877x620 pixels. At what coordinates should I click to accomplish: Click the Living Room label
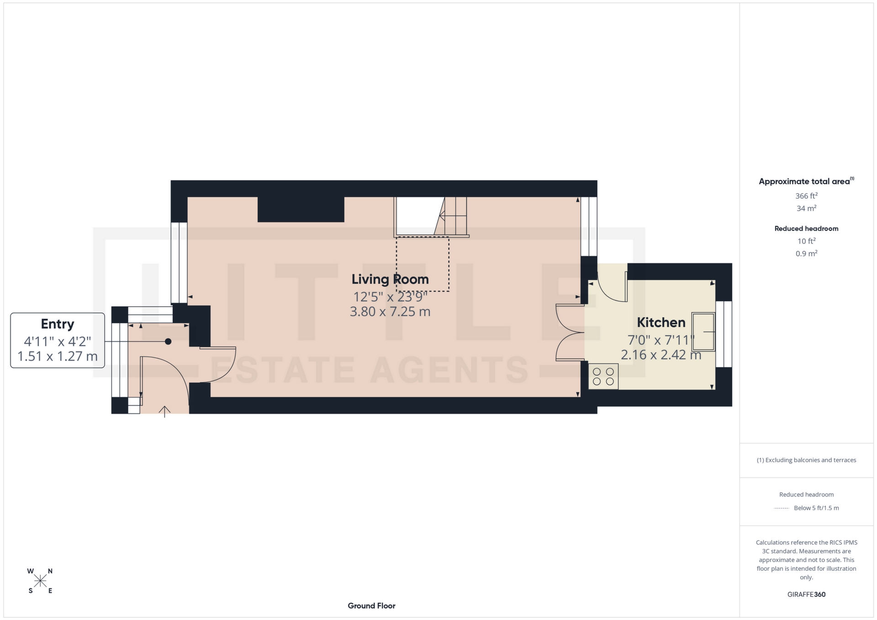[390, 279]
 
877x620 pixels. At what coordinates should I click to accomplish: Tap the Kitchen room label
[661, 323]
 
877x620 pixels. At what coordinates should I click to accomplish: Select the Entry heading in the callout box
[58, 324]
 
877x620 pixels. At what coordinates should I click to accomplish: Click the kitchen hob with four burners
[603, 377]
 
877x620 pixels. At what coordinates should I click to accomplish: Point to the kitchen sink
[703, 331]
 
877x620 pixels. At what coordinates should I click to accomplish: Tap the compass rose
[40, 581]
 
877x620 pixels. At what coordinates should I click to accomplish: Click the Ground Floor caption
[371, 606]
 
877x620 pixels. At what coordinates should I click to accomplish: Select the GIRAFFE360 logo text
[806, 594]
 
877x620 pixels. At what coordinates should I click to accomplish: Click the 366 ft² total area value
[806, 196]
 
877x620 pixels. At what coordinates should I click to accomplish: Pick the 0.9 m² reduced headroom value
[806, 253]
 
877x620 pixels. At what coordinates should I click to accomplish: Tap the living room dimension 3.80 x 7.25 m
[390, 312]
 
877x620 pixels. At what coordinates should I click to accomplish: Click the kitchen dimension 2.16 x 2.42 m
[661, 355]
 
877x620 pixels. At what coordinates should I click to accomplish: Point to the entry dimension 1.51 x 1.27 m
[58, 356]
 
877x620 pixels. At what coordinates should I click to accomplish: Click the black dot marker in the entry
[168, 342]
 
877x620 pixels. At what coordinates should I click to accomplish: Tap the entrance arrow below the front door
[164, 411]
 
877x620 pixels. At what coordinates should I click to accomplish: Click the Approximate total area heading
[804, 182]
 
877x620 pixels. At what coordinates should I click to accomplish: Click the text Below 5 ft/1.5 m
[816, 508]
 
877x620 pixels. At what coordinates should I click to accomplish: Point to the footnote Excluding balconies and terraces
[806, 460]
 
